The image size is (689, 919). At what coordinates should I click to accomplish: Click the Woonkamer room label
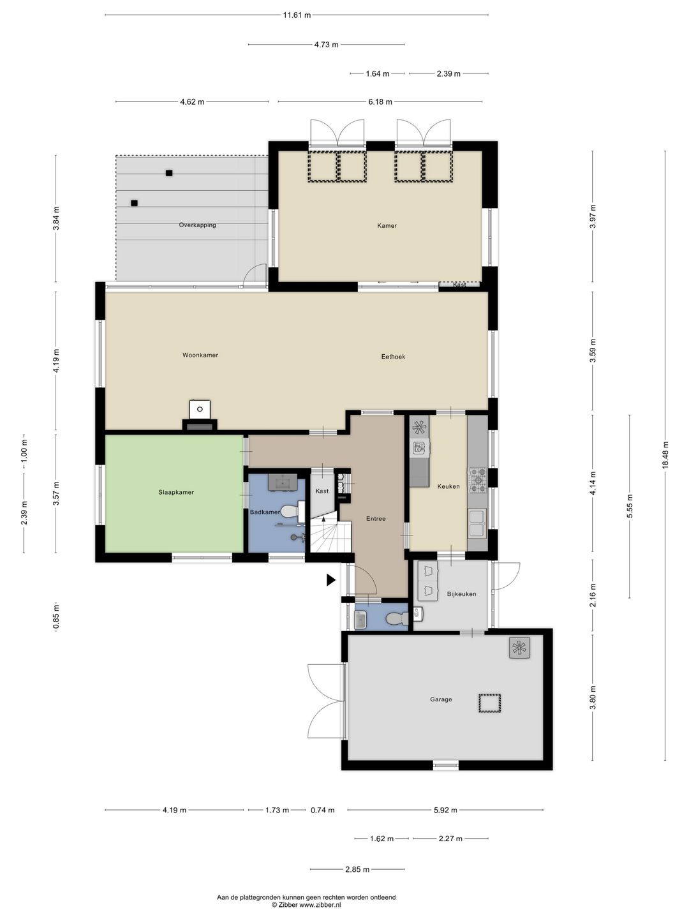point(200,355)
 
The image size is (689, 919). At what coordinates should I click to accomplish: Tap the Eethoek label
point(393,357)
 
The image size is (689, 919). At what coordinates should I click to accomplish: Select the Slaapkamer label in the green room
point(176,492)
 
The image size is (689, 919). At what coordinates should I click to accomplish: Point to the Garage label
point(441,699)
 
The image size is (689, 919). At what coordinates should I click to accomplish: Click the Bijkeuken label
point(461,594)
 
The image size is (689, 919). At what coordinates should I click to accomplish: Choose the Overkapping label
point(198,225)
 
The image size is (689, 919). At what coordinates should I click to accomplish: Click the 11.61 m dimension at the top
point(297,15)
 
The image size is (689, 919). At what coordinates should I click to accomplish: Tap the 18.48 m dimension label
point(665,456)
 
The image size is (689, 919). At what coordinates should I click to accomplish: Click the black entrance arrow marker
point(331,580)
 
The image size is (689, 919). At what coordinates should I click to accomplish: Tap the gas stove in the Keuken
point(477,480)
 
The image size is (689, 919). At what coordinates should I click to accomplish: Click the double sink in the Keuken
point(477,523)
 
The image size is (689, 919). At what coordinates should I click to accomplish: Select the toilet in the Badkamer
point(292,512)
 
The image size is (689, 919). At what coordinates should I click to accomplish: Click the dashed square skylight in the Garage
point(490,703)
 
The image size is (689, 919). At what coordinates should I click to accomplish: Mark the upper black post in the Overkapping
point(169,173)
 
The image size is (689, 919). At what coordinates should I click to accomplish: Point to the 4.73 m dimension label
point(326,45)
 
